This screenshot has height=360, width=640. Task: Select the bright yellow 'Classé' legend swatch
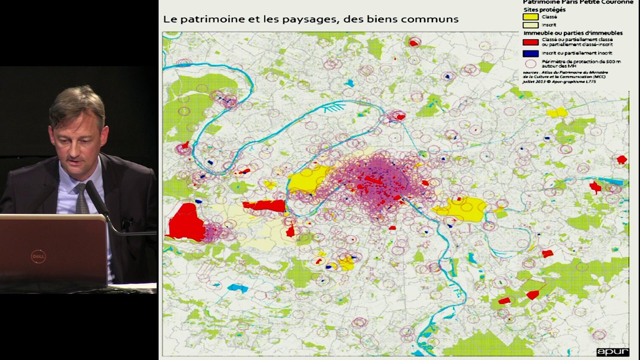(x=530, y=17)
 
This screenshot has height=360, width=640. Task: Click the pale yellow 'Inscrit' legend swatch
(x=530, y=25)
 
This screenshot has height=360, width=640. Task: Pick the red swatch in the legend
(x=530, y=42)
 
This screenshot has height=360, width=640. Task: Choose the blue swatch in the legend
(x=530, y=53)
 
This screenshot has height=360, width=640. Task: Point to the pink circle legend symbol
(x=530, y=63)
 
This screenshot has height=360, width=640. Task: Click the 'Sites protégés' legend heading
(x=544, y=9)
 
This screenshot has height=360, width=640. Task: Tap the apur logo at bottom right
(x=612, y=351)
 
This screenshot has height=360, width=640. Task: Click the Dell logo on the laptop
(x=38, y=256)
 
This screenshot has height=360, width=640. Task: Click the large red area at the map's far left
(x=185, y=222)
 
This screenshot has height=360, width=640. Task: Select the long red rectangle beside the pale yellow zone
(x=263, y=205)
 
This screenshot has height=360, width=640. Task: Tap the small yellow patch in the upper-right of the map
(x=556, y=112)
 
